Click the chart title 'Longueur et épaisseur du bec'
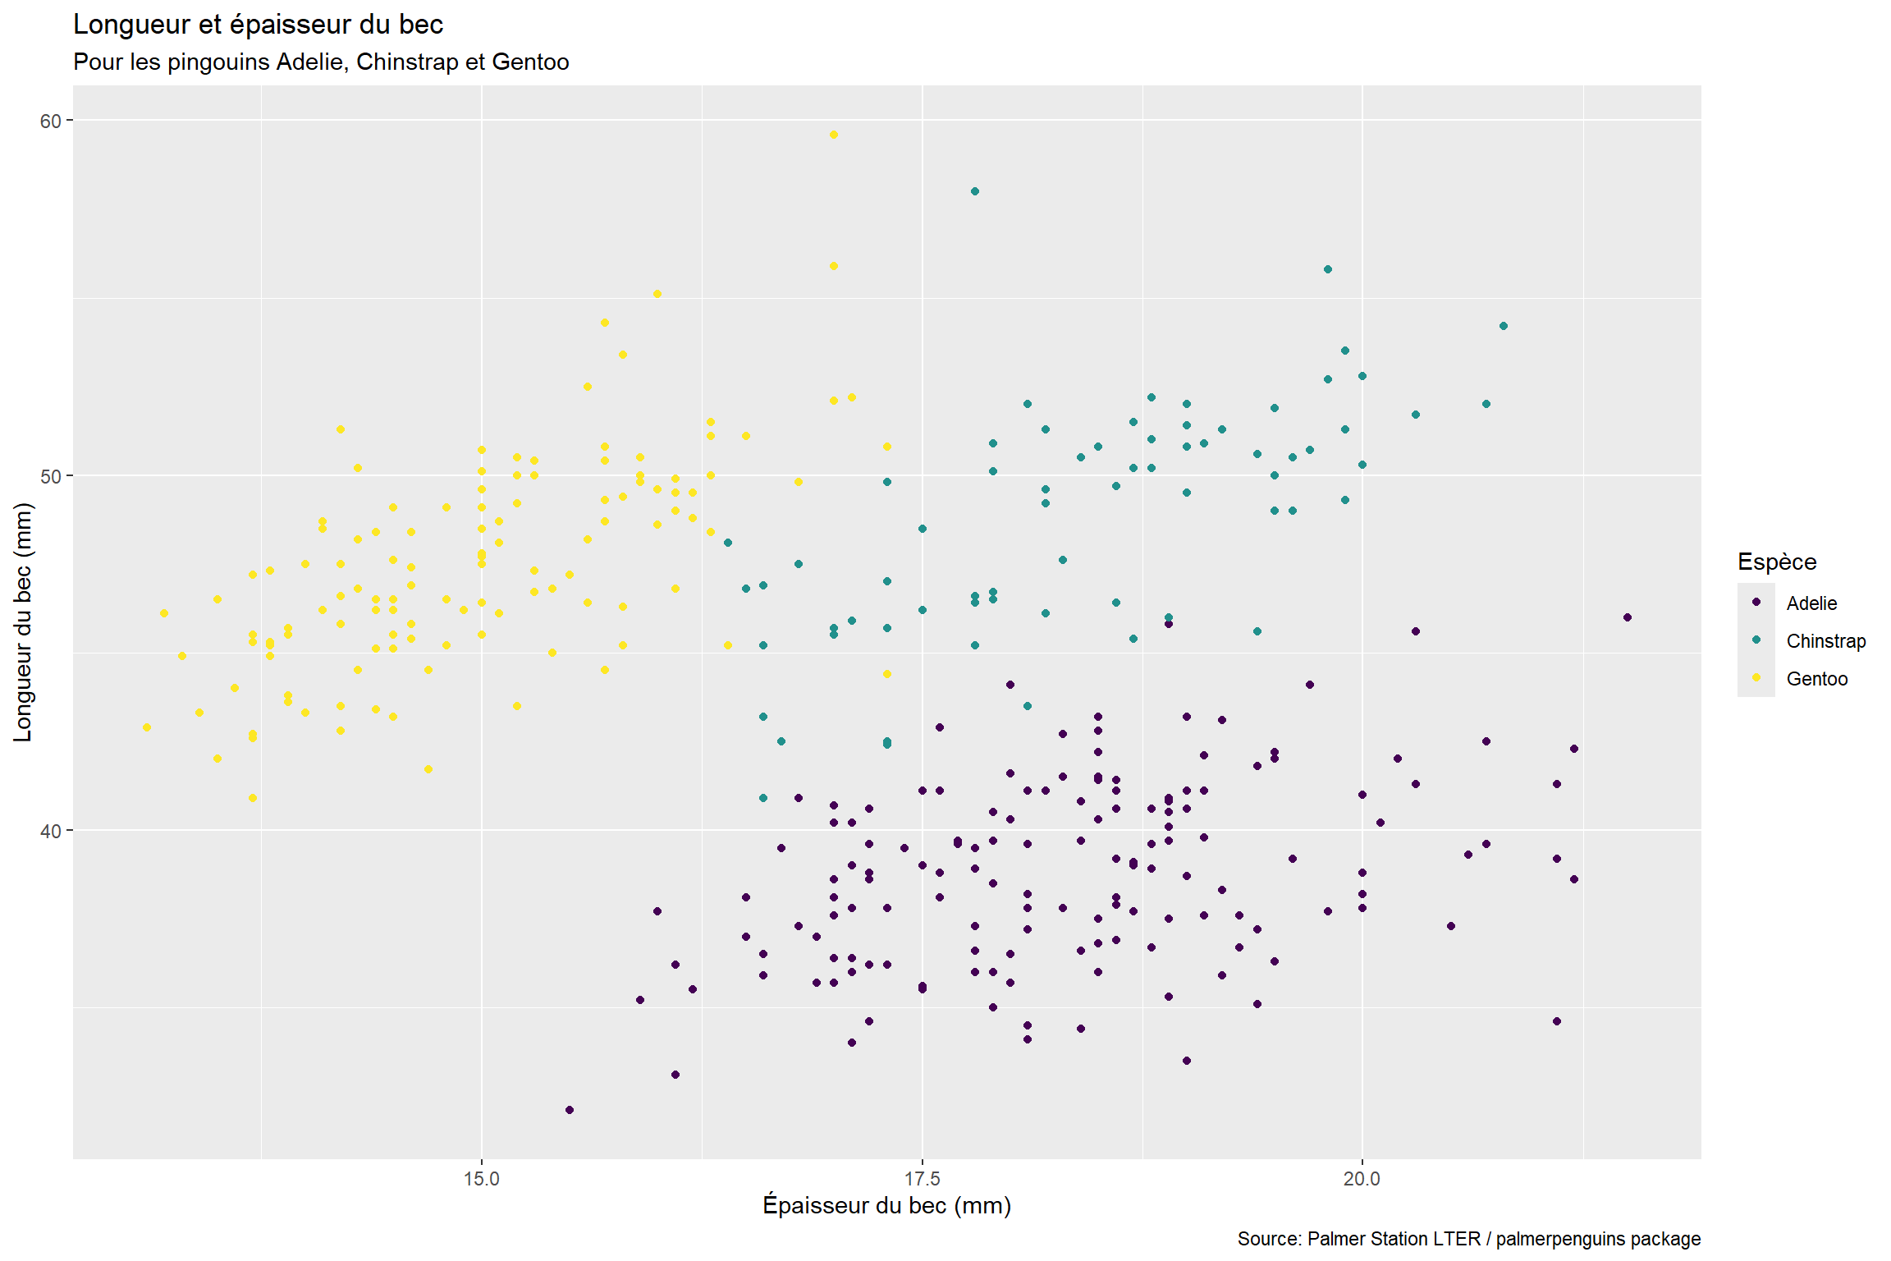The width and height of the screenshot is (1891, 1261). pos(258,25)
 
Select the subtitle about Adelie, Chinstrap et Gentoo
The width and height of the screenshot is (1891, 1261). pos(321,62)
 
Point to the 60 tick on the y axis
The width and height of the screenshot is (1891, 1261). pos(51,121)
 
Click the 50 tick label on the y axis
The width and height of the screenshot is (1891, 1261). pos(51,476)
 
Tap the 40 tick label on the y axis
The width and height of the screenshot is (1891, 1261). pos(51,831)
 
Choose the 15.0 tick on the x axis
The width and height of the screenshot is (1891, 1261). pos(482,1179)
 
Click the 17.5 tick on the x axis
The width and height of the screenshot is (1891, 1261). pos(923,1179)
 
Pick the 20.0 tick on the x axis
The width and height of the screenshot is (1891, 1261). pos(1362,1179)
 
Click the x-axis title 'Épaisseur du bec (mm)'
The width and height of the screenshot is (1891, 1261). pos(886,1205)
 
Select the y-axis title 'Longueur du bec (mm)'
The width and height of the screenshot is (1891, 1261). pos(23,622)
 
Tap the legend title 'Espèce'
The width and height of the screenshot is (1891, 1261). pos(1777,562)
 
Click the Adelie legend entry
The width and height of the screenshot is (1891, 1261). pos(1811,603)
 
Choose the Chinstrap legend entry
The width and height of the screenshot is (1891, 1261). pos(1825,641)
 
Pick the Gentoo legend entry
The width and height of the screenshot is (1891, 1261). pos(1816,679)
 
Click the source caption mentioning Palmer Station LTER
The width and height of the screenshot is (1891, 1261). pos(1468,1239)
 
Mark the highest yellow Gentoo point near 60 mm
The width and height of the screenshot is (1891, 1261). pos(834,135)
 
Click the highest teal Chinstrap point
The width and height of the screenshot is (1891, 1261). pos(975,191)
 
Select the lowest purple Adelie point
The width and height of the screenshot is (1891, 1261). pos(570,1110)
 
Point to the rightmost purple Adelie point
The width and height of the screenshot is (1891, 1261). pos(1628,617)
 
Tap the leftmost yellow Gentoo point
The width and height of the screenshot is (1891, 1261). pos(147,727)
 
